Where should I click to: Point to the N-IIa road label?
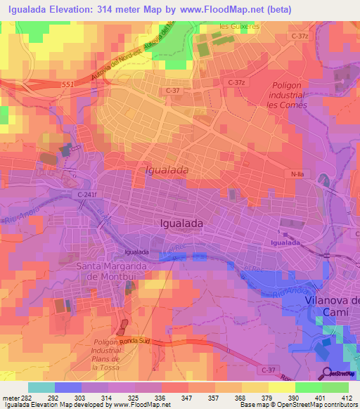pyautogui.click(x=297, y=172)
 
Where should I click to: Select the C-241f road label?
pyautogui.click(x=86, y=195)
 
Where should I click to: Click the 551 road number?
pyautogui.click(x=67, y=84)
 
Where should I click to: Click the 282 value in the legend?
pyautogui.click(x=27, y=398)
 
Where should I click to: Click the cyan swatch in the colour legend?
pyautogui.click(x=41, y=387)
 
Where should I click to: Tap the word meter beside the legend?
pyautogui.click(x=10, y=398)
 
